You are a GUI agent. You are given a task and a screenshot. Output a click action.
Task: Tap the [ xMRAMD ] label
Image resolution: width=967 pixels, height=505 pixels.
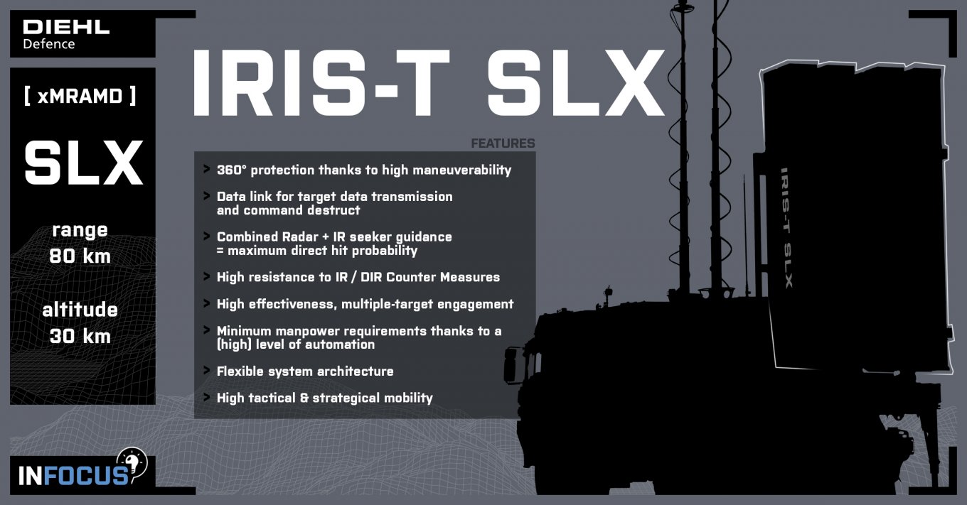tap(80, 97)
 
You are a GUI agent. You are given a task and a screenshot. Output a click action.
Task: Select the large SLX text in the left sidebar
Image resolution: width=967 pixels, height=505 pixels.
tap(83, 163)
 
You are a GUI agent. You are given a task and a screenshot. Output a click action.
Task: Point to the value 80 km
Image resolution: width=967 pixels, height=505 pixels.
tap(80, 256)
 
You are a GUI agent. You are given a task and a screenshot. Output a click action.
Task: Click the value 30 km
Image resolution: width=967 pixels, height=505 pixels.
tap(80, 335)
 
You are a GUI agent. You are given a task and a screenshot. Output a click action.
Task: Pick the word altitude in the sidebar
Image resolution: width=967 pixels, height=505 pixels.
tap(80, 310)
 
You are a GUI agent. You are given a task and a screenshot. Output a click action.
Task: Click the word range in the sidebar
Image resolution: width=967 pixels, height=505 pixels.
tap(80, 230)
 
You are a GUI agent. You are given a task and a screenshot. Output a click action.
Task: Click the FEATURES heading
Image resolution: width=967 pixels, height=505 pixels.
tap(503, 143)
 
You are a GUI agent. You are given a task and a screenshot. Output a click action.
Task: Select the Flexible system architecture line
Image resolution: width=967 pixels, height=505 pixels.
tap(305, 371)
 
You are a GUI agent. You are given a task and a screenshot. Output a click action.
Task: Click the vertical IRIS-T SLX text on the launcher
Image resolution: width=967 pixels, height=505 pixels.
tap(786, 227)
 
